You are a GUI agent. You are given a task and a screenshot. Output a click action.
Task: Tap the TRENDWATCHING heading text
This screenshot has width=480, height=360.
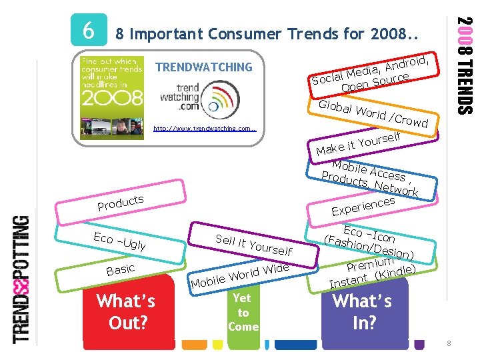[203, 67]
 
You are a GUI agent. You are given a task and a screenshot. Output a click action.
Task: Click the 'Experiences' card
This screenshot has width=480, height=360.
[365, 205]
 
